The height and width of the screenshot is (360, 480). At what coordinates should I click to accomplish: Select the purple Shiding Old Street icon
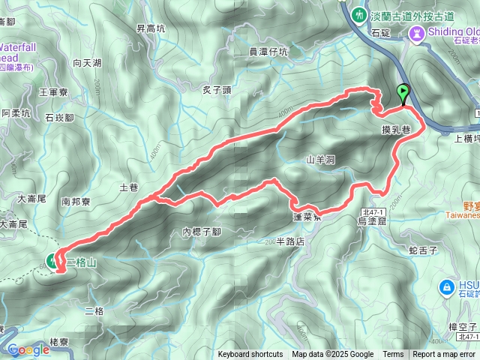coord(417,32)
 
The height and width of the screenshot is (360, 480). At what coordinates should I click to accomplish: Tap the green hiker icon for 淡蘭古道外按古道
coord(360,13)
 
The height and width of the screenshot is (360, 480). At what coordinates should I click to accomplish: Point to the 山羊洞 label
coord(320,160)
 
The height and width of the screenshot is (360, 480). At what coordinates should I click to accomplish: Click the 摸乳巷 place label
coord(396,130)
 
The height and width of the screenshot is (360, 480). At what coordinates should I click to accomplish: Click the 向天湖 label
coord(87,64)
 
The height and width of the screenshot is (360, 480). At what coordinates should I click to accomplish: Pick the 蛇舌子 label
coord(423,248)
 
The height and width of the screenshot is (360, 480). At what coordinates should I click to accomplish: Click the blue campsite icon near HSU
coord(446,286)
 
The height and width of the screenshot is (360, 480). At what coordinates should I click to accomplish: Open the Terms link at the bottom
coord(393,355)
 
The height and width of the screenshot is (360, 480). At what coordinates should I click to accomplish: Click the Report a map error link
coord(444,355)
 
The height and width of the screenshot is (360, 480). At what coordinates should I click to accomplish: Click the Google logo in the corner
coord(28,349)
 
